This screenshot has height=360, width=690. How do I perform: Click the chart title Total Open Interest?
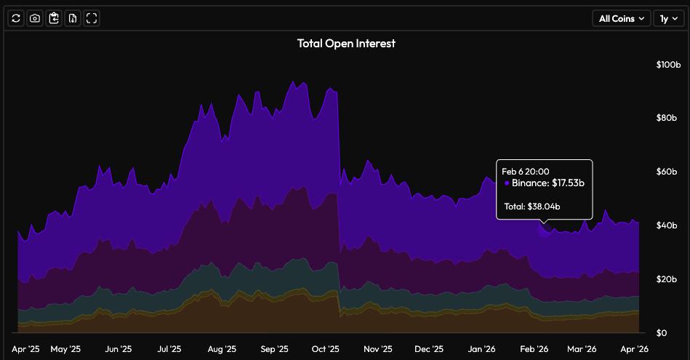(346, 44)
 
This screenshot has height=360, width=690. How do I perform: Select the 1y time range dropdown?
(668, 19)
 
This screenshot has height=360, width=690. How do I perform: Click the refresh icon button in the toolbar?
(16, 18)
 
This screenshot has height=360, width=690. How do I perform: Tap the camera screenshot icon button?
(35, 18)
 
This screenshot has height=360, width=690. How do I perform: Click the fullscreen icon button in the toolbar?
(92, 18)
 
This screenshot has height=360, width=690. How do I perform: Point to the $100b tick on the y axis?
(667, 65)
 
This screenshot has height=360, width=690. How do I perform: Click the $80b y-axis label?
(667, 118)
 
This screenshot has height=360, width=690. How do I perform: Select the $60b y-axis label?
(667, 172)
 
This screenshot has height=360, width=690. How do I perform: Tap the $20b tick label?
(667, 279)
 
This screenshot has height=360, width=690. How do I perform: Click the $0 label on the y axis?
(661, 333)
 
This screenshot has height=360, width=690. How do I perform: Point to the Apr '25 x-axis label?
(26, 349)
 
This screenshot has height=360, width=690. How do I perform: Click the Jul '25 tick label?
(169, 349)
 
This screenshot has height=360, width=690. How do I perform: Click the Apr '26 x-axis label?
(633, 349)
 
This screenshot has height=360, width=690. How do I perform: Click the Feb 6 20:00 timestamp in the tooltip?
(525, 172)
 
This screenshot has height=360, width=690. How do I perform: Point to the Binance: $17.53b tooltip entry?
(547, 183)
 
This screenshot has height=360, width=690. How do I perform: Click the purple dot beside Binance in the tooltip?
(507, 183)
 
